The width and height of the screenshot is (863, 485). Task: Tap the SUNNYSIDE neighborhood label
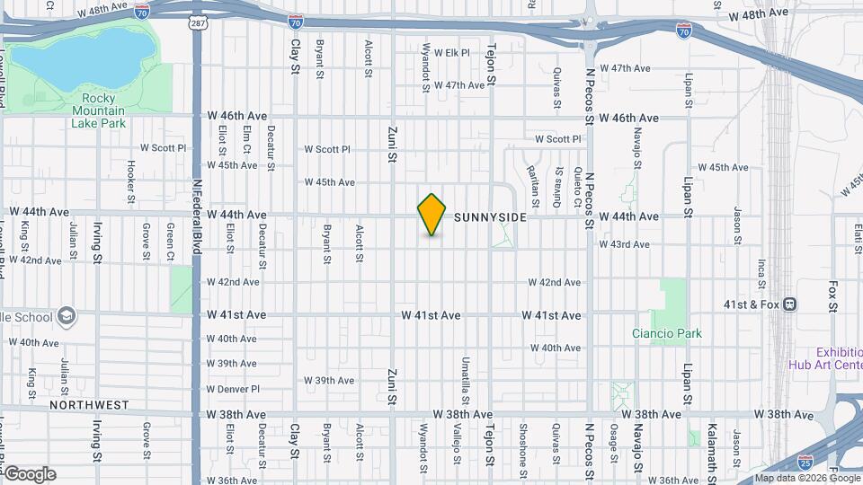click(x=490, y=217)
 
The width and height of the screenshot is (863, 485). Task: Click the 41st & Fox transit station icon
click(x=790, y=305)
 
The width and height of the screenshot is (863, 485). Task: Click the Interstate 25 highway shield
click(x=828, y=461)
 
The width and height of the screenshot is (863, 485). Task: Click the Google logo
click(x=29, y=474)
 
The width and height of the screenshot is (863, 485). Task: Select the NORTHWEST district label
click(x=89, y=405)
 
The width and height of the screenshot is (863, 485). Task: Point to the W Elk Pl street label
click(x=452, y=53)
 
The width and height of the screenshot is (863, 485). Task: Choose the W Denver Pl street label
click(x=232, y=389)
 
